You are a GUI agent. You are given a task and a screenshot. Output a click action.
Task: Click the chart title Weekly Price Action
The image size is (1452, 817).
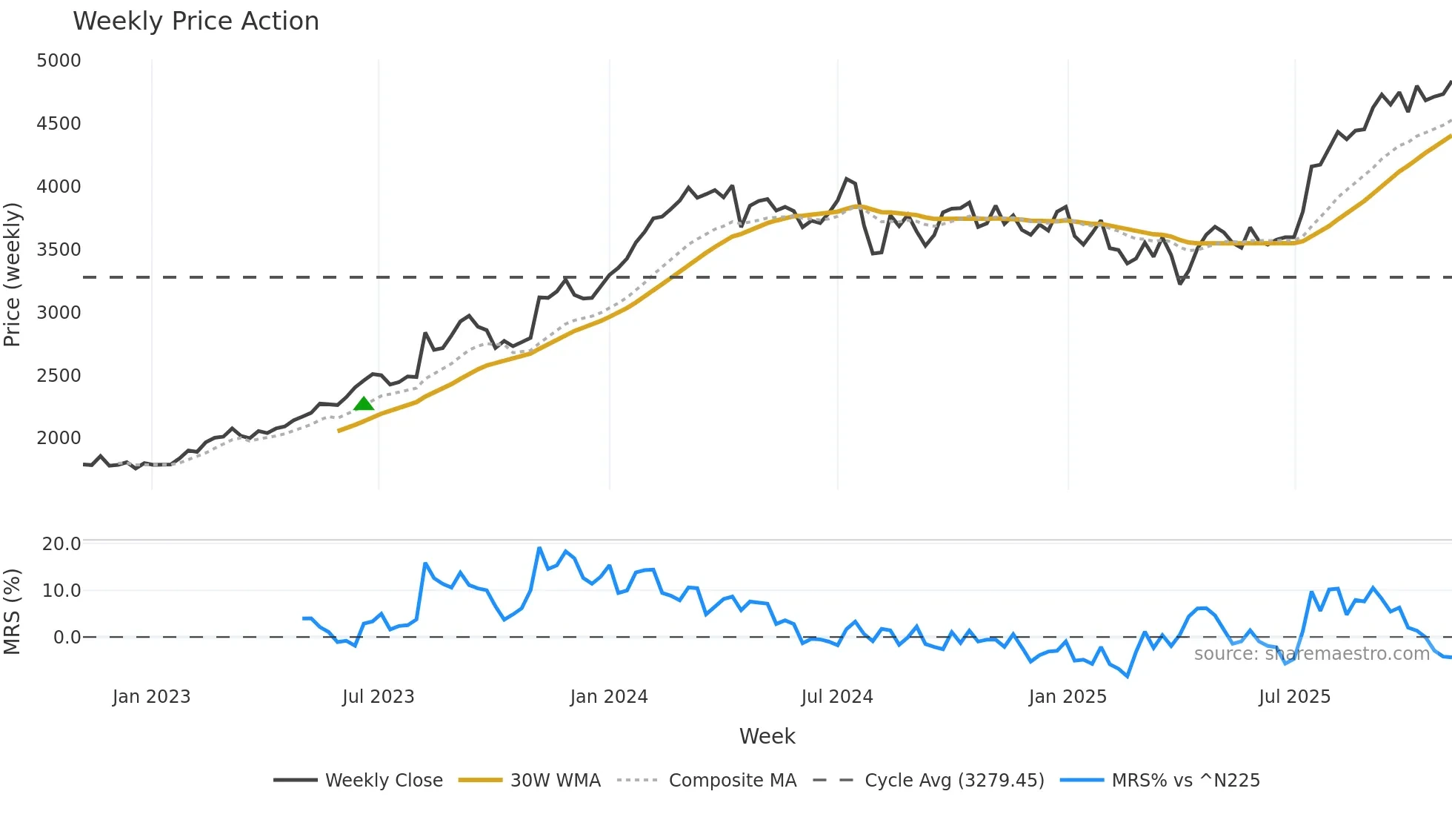(x=196, y=21)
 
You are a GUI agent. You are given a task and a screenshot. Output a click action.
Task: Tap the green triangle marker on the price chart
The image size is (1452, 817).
(x=364, y=404)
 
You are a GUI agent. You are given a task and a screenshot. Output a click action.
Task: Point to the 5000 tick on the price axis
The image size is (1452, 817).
(x=59, y=61)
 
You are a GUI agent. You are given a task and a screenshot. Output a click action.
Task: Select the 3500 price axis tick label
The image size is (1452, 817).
(x=59, y=250)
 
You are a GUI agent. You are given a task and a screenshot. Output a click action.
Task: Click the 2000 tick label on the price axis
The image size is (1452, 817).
(x=59, y=438)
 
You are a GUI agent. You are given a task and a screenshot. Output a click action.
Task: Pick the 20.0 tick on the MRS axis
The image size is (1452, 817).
(x=61, y=544)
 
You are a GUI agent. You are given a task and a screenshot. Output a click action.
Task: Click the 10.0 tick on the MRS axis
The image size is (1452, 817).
(x=61, y=591)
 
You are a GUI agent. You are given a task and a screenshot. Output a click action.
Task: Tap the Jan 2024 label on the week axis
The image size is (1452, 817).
(x=609, y=697)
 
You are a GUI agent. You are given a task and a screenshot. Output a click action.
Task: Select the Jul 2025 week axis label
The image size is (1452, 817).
(x=1294, y=697)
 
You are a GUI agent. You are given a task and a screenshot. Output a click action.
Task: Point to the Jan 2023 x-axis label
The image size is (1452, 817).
(x=152, y=697)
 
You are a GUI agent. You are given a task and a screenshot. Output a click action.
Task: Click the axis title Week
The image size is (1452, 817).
(x=767, y=736)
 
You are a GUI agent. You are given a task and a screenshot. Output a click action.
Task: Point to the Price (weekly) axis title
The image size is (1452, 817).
(x=13, y=275)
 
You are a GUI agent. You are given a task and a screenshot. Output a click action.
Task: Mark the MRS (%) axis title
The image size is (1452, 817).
(x=13, y=612)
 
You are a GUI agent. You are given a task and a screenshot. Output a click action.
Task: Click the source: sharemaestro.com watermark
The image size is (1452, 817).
(x=1311, y=654)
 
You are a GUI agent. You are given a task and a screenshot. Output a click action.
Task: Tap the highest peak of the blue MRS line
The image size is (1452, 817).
(x=539, y=549)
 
